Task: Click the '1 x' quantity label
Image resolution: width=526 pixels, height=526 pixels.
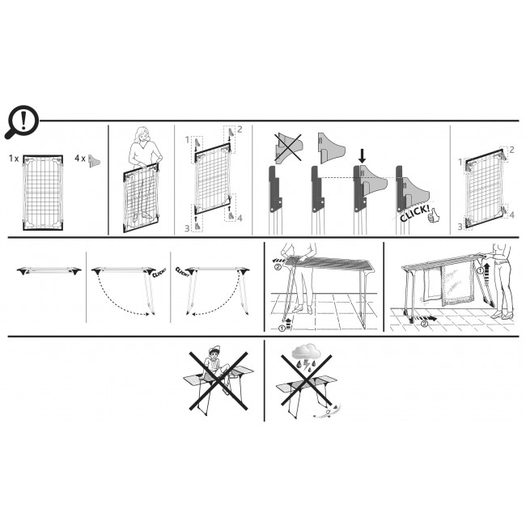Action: coord(14,159)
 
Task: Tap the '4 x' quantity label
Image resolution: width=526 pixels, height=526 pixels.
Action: coord(80,159)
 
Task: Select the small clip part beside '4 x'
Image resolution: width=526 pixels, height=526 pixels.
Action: coord(94,161)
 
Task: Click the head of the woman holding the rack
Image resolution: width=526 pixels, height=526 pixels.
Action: coord(142,135)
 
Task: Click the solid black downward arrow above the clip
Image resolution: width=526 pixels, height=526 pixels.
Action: coord(362,156)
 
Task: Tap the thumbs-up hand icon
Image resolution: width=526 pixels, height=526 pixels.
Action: coord(434,215)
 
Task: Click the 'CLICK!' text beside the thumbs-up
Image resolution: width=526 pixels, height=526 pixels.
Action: coord(414,214)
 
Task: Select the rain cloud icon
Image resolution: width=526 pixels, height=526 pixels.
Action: coord(306,352)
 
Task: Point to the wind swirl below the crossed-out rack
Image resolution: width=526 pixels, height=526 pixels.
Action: coord(328,411)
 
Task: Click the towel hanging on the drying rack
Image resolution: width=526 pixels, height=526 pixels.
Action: coord(457,285)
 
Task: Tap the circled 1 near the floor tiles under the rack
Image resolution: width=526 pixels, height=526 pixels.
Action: coord(282,329)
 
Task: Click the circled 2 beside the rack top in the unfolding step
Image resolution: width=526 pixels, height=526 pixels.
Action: coord(278,267)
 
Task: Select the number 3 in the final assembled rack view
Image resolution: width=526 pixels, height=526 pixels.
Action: coord(460,227)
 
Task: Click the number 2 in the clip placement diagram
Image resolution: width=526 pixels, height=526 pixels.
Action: coord(240,129)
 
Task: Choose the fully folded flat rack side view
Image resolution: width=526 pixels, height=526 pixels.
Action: coord(49,271)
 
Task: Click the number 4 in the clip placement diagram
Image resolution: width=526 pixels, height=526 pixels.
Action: coord(240,218)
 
